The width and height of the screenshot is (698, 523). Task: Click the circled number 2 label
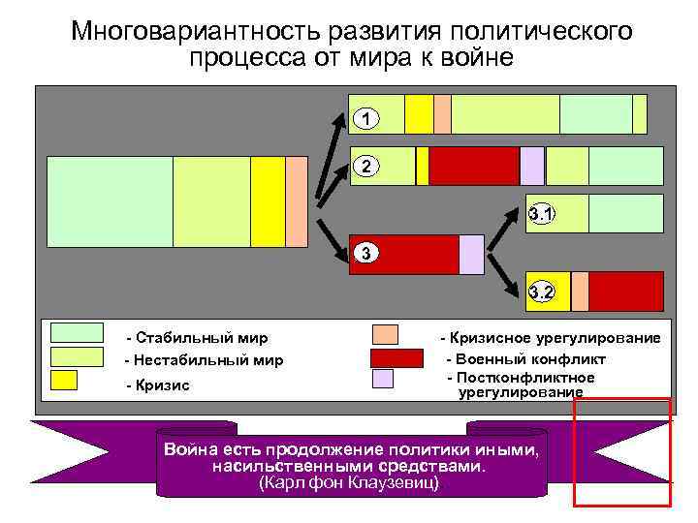coord(365,166)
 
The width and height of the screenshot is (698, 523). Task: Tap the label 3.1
coord(542,214)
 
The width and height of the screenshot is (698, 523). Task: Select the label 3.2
coord(542,292)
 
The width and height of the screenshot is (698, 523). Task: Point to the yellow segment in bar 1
coord(419,113)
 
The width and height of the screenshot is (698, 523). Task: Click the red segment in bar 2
coord(474,166)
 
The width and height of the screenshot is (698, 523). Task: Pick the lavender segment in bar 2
coord(532,166)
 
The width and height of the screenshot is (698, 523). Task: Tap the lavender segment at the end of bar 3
coord(470,254)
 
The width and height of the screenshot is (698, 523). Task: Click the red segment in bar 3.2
coord(625,291)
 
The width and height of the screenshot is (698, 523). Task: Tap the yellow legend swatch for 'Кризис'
coord(64,380)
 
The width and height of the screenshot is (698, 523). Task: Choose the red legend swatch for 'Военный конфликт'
coord(397,358)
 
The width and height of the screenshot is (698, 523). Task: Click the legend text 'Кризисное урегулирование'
coord(551,338)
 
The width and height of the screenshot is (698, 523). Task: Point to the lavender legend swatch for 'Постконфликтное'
coord(384,379)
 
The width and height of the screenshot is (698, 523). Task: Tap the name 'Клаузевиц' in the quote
coord(396,481)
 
